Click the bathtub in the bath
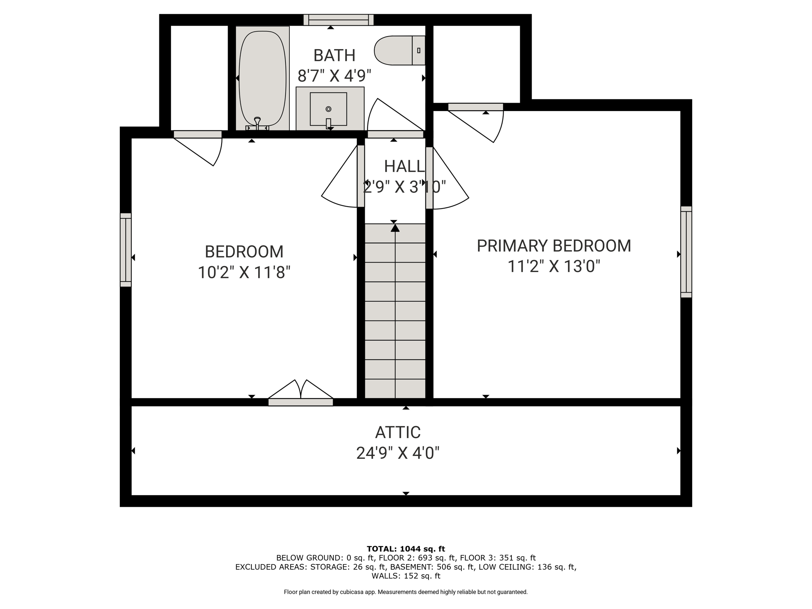[262, 78]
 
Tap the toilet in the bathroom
[400, 50]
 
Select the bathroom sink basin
[328, 109]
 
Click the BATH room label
[334, 56]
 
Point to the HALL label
[404, 167]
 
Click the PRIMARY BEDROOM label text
[554, 246]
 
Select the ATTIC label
[398, 432]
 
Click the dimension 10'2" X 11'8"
[244, 272]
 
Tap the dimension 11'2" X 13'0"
[554, 266]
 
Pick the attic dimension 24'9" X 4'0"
[398, 453]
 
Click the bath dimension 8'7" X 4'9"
[334, 75]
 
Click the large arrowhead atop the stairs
[395, 228]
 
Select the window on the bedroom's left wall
[126, 250]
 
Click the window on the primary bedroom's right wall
[686, 252]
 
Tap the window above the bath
[339, 20]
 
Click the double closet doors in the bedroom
[301, 393]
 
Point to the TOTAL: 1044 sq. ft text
[406, 549]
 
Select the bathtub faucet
[257, 124]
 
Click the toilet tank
[419, 50]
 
